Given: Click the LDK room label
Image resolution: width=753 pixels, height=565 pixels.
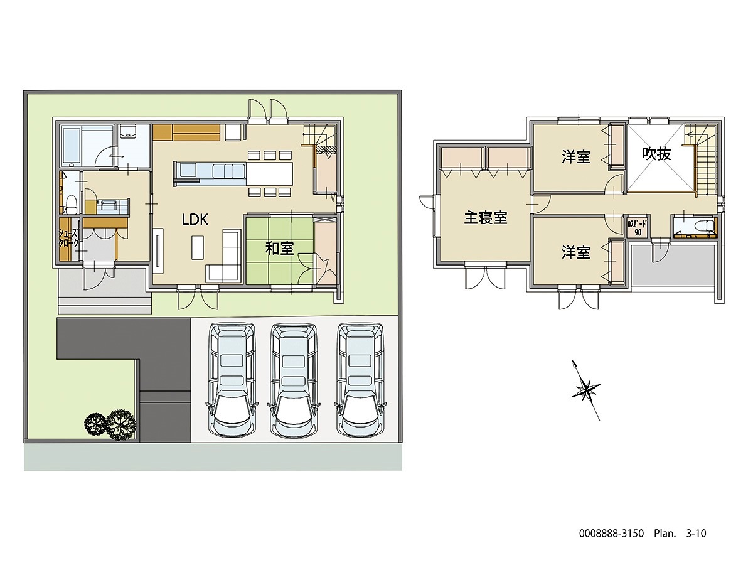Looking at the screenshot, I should [195, 220].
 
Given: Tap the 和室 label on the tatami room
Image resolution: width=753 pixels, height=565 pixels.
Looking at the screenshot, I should [279, 249].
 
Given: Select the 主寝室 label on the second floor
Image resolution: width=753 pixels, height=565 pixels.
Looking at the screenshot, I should [486, 218].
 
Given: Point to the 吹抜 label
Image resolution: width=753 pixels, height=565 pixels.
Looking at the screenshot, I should [657, 154].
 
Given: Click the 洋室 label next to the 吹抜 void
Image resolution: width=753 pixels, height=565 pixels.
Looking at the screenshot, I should [575, 156].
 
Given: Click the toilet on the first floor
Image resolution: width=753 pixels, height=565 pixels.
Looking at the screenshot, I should [71, 203].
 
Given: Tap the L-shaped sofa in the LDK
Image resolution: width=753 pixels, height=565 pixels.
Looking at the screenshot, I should [227, 257].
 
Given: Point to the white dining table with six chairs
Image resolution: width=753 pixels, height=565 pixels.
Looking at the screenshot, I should [270, 171].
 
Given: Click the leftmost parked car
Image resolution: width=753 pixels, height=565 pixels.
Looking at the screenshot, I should [232, 380].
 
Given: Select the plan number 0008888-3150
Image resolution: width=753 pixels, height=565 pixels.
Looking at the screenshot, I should [611, 534].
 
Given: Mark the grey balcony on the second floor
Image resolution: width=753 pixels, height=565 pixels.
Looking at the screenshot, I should [673, 264].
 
